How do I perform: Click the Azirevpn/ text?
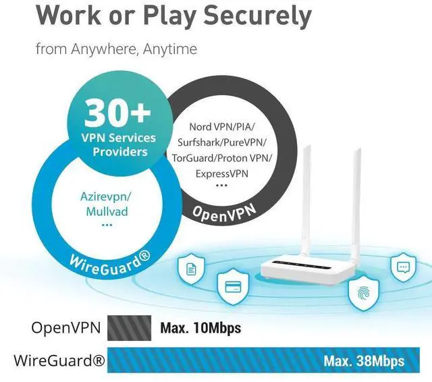pyautogui.click(x=105, y=196)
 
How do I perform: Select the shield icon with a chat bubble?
pyautogui.click(x=404, y=266)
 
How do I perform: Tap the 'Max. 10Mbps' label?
pyautogui.click(x=200, y=329)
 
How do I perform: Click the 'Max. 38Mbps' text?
pyautogui.click(x=364, y=361)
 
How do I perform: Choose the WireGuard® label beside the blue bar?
pyautogui.click(x=59, y=361)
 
